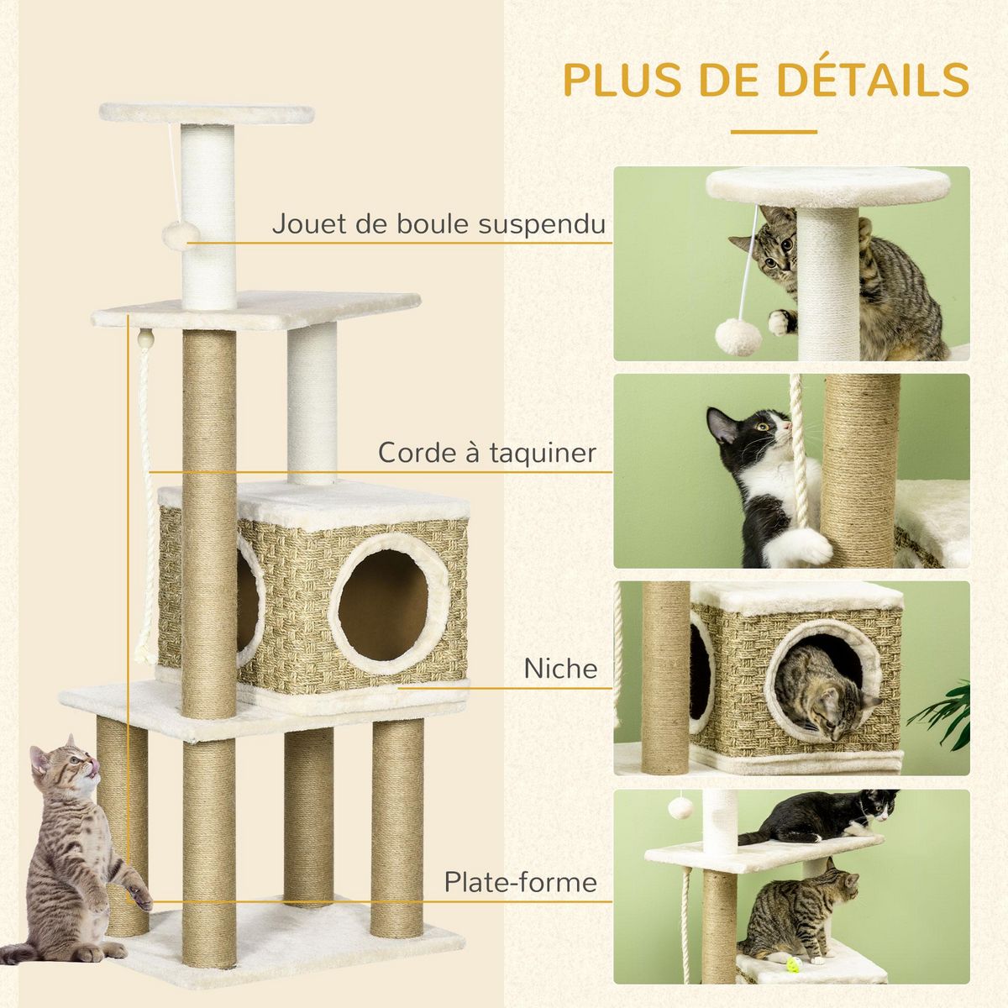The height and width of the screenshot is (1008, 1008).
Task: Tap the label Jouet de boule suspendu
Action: click(x=438, y=224)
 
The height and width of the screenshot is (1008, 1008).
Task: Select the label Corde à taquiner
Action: click(x=486, y=453)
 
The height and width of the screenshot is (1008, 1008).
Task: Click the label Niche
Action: click(x=560, y=669)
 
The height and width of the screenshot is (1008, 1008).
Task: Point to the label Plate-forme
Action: click(x=521, y=882)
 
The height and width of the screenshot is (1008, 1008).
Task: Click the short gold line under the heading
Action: click(x=773, y=132)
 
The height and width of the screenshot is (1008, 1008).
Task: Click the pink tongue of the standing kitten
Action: click(x=95, y=767)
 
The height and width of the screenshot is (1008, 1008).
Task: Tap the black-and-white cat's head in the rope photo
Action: click(x=739, y=433)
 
